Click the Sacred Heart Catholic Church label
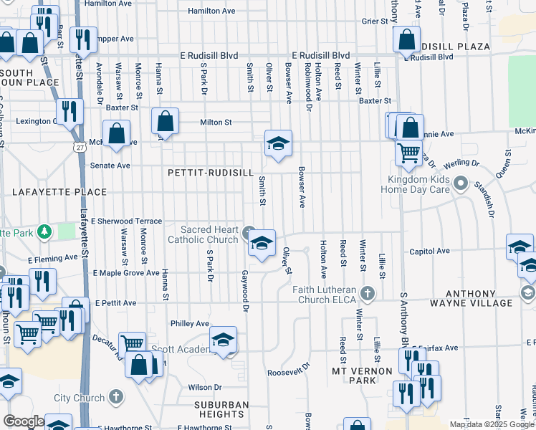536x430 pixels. (203, 234)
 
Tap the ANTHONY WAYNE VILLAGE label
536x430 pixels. (479, 298)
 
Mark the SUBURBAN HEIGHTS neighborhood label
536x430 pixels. (221, 409)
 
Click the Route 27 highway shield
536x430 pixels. (75, 146)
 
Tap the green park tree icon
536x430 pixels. (44, 231)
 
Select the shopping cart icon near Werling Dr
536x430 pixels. (408, 152)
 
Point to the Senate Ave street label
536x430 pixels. (110, 166)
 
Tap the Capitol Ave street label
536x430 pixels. (429, 251)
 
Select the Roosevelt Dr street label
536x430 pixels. (288, 373)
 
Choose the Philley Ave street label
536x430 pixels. (189, 323)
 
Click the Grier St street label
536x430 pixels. (374, 21)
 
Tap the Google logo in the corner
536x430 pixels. (24, 421)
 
